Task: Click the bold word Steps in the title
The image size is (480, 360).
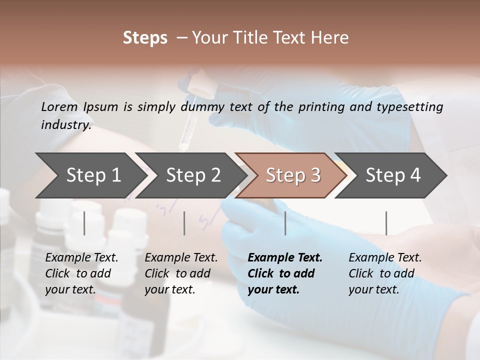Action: (145, 38)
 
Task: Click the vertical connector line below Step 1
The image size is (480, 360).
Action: (84, 223)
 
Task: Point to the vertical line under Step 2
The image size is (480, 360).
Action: (184, 223)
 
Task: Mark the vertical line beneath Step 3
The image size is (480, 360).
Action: (285, 223)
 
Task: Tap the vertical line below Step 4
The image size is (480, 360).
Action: (386, 223)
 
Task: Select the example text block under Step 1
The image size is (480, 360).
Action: (81, 273)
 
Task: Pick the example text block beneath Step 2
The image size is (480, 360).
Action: (181, 273)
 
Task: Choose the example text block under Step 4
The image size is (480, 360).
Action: (385, 273)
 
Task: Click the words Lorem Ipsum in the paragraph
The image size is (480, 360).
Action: (79, 106)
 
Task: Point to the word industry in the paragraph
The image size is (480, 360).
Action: (65, 124)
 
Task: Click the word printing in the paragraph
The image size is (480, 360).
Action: (321, 106)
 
